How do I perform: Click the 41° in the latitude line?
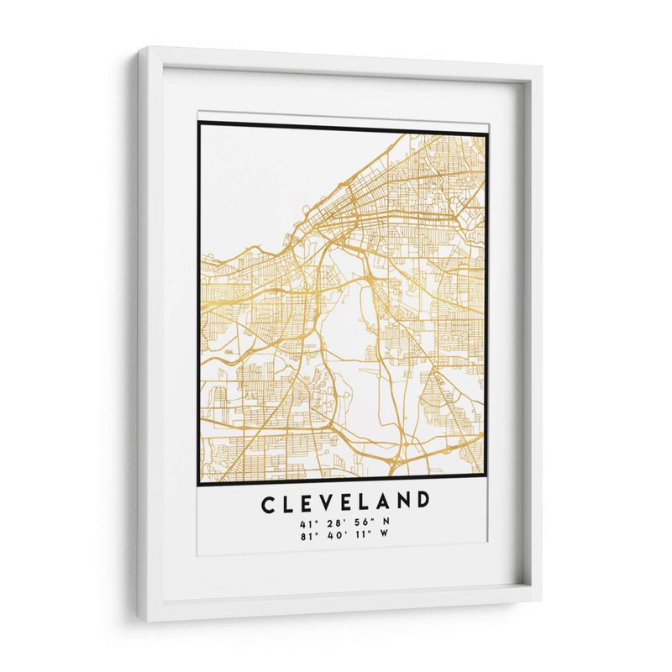[305, 522]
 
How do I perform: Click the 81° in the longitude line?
[303, 535]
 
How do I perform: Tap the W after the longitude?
[385, 535]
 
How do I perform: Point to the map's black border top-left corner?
[200, 123]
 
